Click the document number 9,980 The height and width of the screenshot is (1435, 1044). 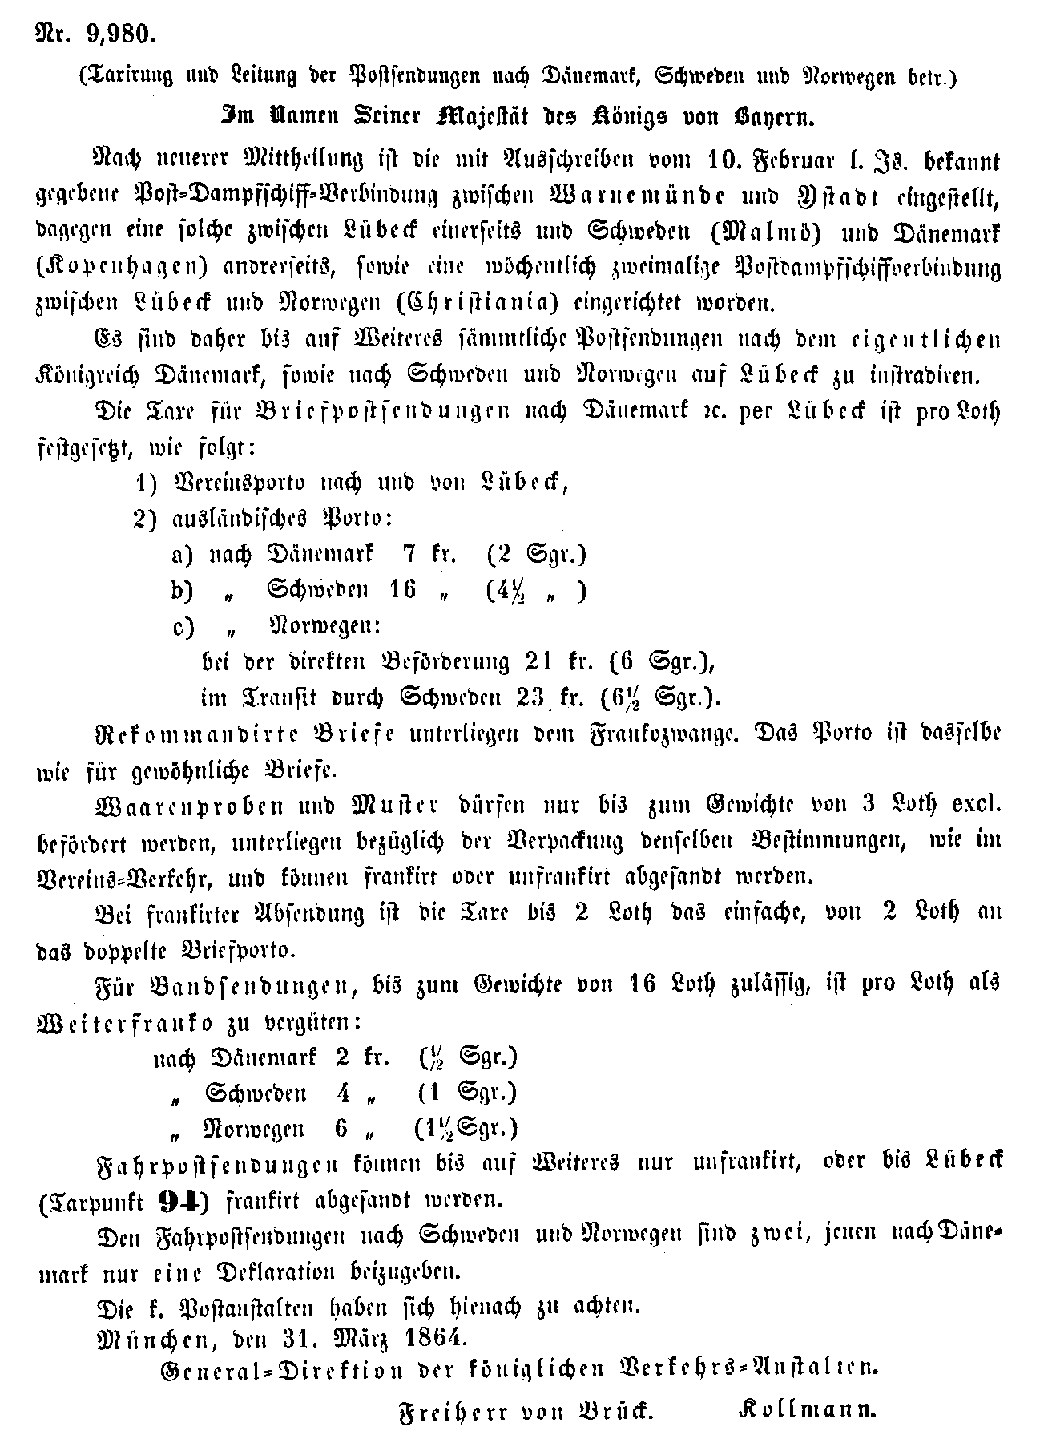tap(118, 34)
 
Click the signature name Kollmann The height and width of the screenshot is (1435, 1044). tap(807, 1409)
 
